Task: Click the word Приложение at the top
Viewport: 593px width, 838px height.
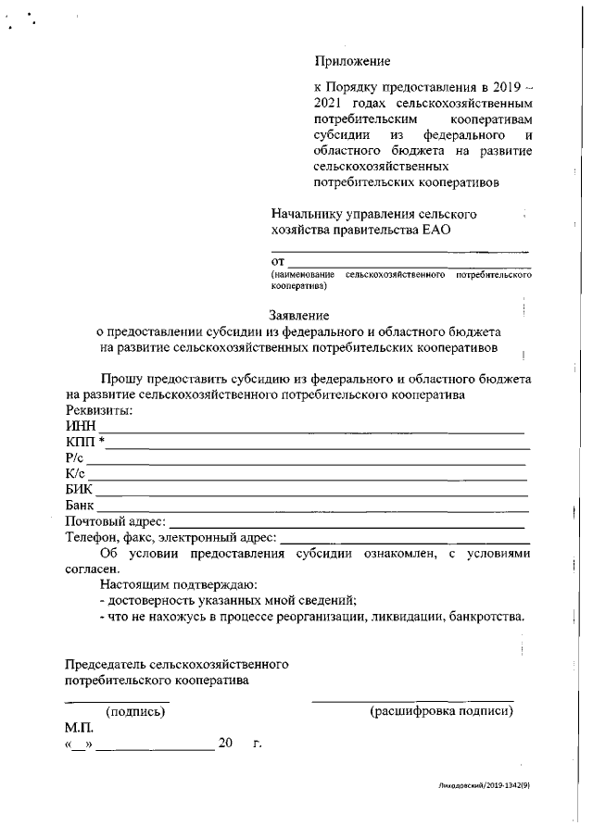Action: pos(353,62)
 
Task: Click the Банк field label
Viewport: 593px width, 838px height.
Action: pos(81,506)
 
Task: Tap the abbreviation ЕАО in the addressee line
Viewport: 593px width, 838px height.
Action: pos(434,230)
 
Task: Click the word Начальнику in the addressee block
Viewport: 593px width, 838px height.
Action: pos(307,214)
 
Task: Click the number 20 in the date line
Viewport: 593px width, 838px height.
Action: pos(225,743)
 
